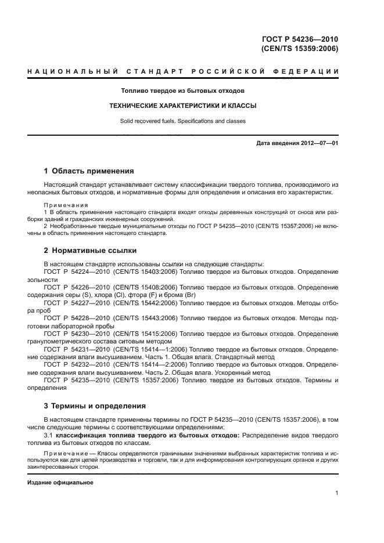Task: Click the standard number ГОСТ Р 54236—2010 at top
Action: (300, 39)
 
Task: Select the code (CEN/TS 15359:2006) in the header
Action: (300, 49)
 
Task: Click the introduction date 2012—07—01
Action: (316, 143)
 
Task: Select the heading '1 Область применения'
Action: (89, 171)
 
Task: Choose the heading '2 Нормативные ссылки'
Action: (90, 251)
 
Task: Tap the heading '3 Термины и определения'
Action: (95, 406)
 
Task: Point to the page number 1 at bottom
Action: (336, 493)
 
